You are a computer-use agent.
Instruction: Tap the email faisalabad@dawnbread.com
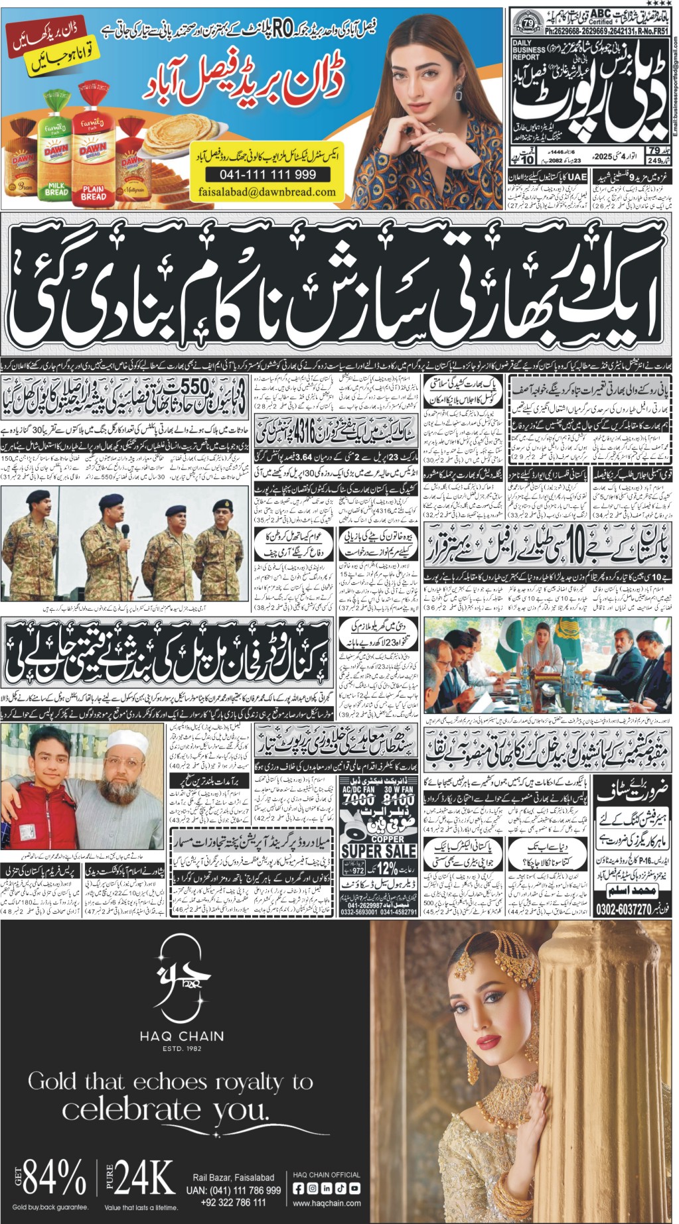click(x=267, y=192)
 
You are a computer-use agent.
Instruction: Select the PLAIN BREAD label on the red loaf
click(x=93, y=192)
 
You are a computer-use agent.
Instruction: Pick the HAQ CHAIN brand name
click(x=181, y=1036)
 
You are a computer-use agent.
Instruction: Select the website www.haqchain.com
click(x=327, y=1203)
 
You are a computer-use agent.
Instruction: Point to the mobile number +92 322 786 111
click(x=233, y=1202)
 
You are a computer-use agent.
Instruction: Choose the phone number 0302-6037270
click(x=625, y=910)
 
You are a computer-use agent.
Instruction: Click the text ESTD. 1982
click(x=181, y=1048)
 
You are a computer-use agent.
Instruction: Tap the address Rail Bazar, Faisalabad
click(x=233, y=1178)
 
